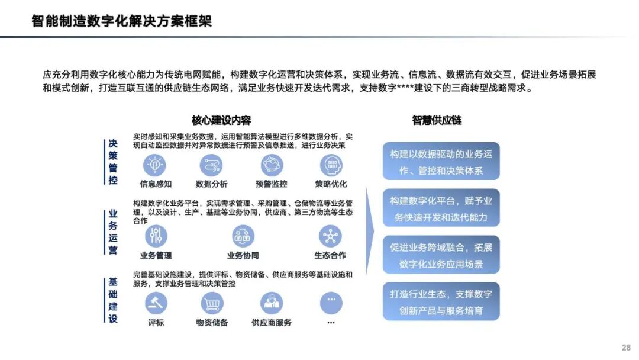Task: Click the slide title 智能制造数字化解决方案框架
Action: [121, 22]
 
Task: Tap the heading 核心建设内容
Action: [221, 120]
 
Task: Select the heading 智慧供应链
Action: [437, 120]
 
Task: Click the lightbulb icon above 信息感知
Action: [156, 165]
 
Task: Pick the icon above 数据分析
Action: [211, 165]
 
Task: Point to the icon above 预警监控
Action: [272, 165]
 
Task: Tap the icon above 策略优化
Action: [331, 165]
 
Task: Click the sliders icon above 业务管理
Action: [156, 236]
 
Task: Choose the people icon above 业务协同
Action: [243, 236]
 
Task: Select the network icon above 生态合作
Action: [330, 236]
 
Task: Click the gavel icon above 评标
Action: [156, 304]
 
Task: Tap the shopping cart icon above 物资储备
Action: [212, 304]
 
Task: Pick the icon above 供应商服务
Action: [272, 304]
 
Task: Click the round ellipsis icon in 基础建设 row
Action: [331, 304]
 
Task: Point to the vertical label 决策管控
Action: [113, 162]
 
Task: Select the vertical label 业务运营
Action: [113, 232]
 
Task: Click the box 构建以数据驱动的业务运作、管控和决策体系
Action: [441, 161]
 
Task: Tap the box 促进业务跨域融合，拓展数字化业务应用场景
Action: [441, 255]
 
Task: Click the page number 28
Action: [626, 348]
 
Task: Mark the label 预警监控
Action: [272, 184]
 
